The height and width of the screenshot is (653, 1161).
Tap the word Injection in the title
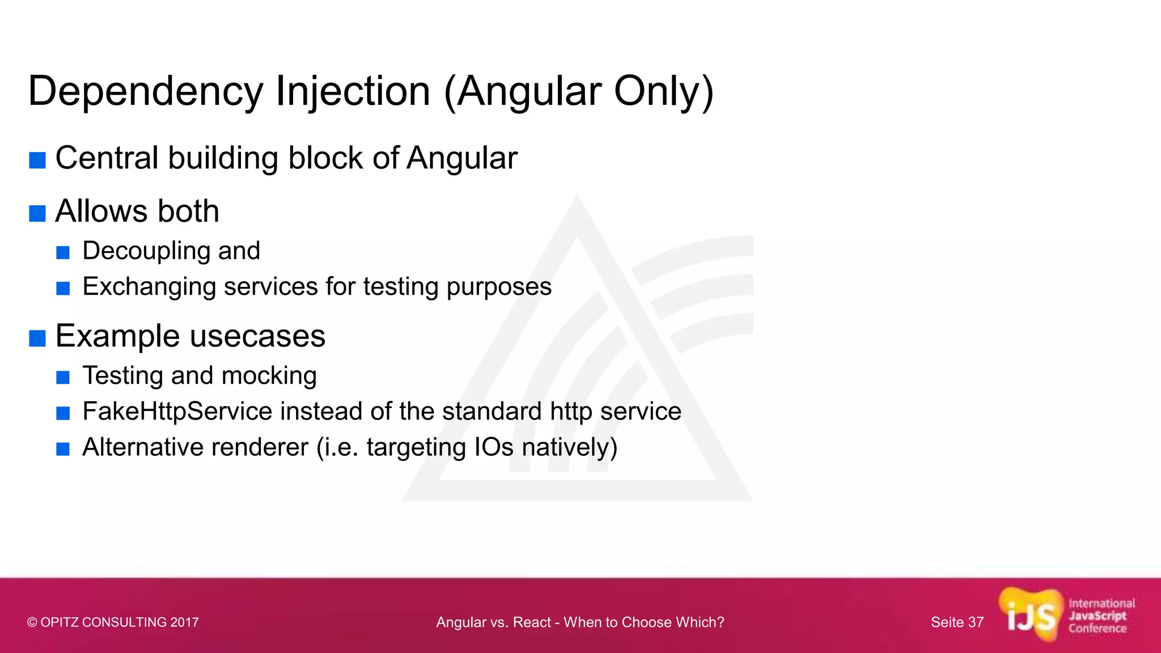[353, 91]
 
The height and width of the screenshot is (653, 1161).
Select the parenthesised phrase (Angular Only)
[579, 91]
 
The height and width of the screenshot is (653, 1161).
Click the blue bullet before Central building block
[37, 160]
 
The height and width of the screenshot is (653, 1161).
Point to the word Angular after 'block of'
[461, 158]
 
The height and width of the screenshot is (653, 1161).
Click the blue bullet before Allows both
[37, 214]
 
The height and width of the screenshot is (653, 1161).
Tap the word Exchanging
[149, 287]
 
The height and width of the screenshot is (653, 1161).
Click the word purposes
[499, 287]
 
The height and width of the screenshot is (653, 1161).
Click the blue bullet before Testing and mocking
[63, 378]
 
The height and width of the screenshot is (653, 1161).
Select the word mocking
[269, 376]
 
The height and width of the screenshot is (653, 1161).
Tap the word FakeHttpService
[177, 412]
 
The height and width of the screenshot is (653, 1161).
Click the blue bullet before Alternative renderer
[63, 450]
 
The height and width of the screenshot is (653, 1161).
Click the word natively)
[569, 447]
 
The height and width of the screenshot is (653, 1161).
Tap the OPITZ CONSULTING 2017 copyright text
[113, 622]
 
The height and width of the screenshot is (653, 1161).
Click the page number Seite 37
[957, 622]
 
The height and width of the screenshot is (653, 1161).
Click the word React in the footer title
[532, 622]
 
